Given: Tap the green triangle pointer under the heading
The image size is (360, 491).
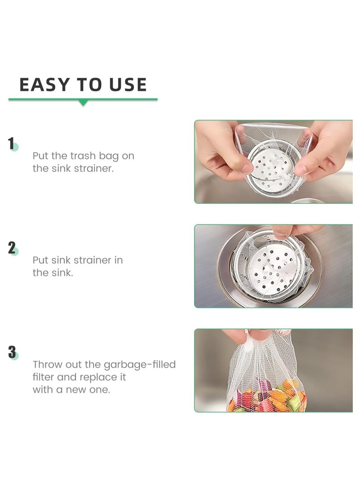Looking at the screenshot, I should (83, 103).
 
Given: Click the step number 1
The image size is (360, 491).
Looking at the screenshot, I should (11, 144).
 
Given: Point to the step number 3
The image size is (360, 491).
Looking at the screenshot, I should (12, 352).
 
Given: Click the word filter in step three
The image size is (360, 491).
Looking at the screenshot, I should (43, 377).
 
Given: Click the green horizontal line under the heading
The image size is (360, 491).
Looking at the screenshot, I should (45, 99).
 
